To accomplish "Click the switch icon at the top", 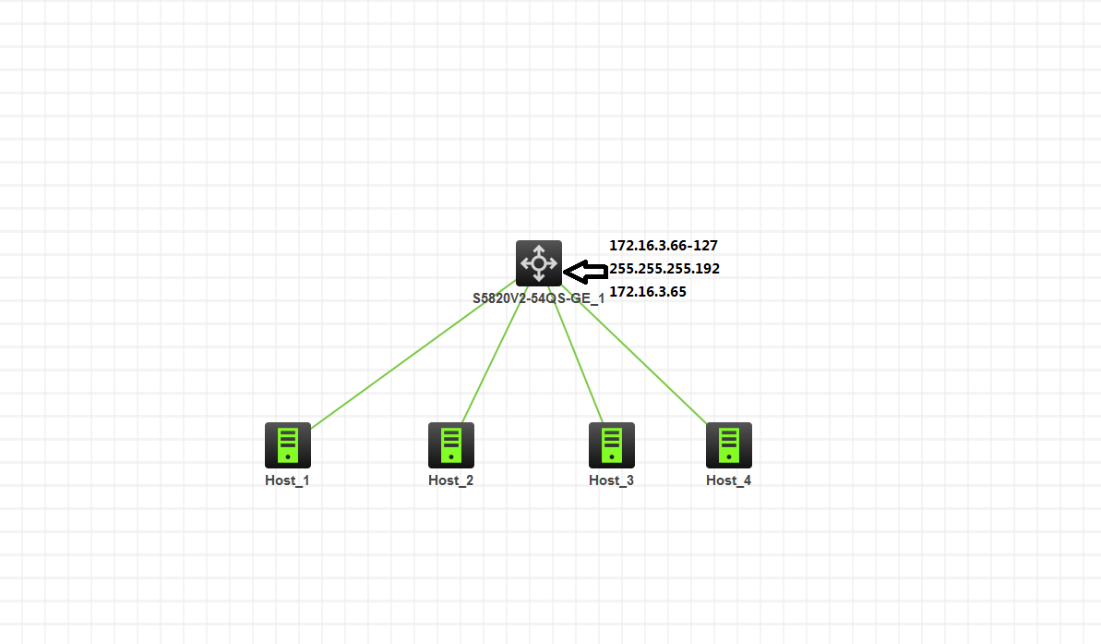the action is click(x=539, y=263).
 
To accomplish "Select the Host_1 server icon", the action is click(x=288, y=445).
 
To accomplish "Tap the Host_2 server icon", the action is click(x=451, y=445).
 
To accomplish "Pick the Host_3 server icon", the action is click(x=612, y=445).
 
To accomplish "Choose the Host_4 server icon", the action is click(x=729, y=445).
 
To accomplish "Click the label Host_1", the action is click(x=287, y=480).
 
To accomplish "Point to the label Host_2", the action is click(x=450, y=480).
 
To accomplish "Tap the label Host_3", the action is click(x=611, y=480).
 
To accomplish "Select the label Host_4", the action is click(x=728, y=480).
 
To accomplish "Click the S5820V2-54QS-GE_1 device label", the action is click(x=539, y=298).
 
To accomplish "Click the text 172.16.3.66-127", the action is click(x=664, y=246).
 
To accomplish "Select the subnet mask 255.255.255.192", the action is click(x=664, y=269).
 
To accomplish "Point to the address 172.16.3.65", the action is click(x=647, y=292).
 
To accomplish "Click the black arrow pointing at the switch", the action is click(x=586, y=272).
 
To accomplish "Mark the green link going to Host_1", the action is click(x=413, y=354).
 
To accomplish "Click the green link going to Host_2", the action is click(x=495, y=355).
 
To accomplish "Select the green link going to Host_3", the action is click(x=576, y=355).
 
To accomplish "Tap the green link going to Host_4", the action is click(x=634, y=355).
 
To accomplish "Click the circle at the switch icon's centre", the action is click(x=539, y=263).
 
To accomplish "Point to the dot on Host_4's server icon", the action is click(x=729, y=457).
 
